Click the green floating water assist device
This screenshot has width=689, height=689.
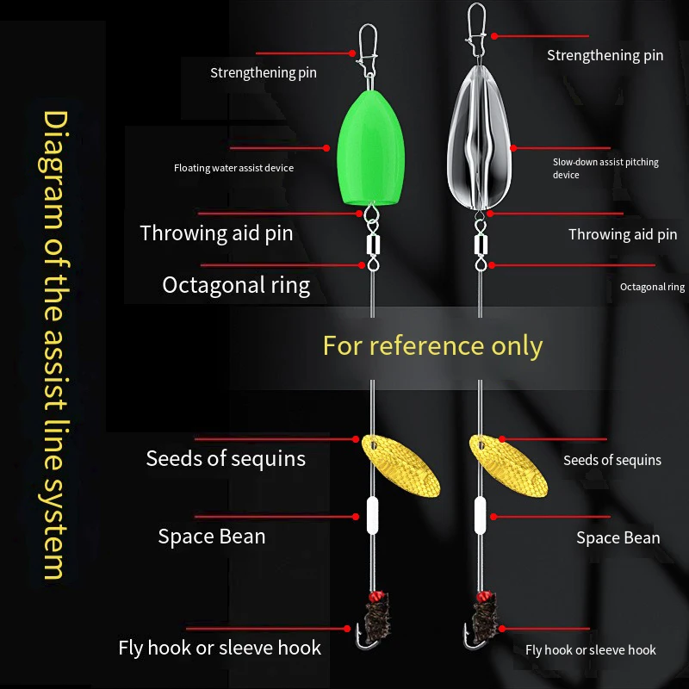tap(370, 148)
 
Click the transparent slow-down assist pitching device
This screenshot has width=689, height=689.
tap(479, 139)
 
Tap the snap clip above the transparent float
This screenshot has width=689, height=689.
tap(476, 28)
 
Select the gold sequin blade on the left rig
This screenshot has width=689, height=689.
tap(400, 466)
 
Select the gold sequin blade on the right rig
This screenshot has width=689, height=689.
tap(508, 466)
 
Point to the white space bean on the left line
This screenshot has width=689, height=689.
tap(372, 515)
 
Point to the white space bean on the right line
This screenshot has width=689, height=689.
tap(480, 515)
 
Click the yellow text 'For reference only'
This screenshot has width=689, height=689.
tap(433, 347)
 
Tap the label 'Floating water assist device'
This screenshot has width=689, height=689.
tap(233, 168)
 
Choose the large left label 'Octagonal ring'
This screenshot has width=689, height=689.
tap(236, 286)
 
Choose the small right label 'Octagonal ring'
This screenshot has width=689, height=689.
tap(652, 288)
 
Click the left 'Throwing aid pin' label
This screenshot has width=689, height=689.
tap(216, 233)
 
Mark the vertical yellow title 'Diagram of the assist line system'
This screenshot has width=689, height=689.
tap(55, 345)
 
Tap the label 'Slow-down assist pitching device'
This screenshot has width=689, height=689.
tap(605, 168)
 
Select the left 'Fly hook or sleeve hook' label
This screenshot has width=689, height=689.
tap(220, 649)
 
